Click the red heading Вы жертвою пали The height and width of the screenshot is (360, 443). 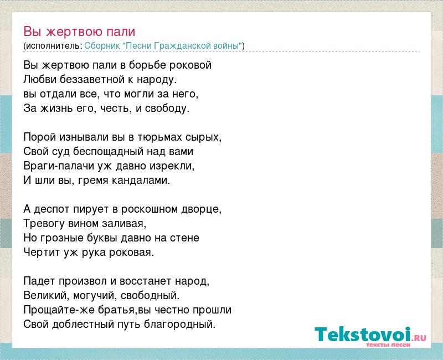[x=79, y=32]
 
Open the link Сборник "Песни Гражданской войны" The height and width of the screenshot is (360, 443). [x=163, y=46]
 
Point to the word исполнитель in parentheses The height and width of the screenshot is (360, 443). [x=53, y=46]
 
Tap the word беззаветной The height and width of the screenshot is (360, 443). [x=92, y=79]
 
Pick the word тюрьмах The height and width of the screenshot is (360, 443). [x=159, y=137]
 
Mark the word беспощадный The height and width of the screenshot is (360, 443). [x=108, y=151]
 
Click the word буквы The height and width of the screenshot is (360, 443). [x=104, y=238]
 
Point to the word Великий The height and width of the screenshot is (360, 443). [x=45, y=296]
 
